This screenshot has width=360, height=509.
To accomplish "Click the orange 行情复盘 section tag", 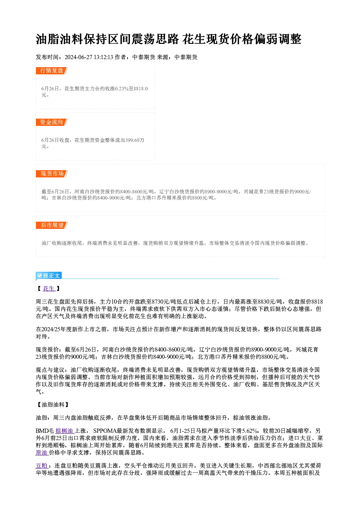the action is click(x=52, y=71).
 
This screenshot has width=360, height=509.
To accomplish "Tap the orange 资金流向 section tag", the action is click(x=52, y=122).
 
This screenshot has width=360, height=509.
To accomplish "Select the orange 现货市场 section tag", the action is click(x=52, y=174).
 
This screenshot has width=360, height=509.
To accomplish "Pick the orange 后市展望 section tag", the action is click(x=52, y=225).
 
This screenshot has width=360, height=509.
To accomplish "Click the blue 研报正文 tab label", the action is click(x=49, y=276).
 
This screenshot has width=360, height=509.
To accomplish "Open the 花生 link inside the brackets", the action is click(x=49, y=289).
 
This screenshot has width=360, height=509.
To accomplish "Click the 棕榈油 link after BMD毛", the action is click(x=65, y=431).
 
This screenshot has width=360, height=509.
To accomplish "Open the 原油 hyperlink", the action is click(x=42, y=453).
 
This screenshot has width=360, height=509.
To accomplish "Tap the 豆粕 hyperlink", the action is click(x=42, y=466).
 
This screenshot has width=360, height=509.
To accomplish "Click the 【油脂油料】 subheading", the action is click(x=52, y=405).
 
